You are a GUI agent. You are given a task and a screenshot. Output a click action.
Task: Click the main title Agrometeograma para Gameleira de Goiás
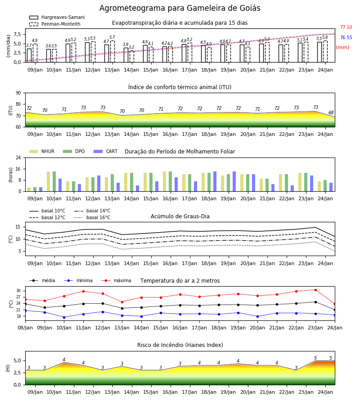tap(180, 8)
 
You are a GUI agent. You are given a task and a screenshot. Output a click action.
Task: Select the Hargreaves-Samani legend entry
tap(57, 17)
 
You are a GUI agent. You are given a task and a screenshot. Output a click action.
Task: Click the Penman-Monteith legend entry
tap(55, 24)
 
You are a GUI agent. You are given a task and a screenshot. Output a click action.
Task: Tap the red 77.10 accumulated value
tap(346, 27)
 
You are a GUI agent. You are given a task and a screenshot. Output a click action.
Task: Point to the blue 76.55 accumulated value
tap(346, 37)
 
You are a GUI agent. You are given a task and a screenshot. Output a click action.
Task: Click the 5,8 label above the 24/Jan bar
tap(325, 37)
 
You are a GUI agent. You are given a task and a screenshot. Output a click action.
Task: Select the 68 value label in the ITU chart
tap(331, 112)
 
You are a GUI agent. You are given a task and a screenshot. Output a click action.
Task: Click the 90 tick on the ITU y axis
tap(18, 93)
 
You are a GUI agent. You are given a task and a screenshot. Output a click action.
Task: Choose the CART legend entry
tap(106, 151)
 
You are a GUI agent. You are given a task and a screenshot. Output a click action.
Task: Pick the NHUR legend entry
tap(42, 151)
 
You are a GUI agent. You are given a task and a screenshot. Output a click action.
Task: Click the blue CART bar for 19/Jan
tap(234, 181)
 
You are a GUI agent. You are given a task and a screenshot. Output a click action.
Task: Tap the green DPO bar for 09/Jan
tap(35, 189)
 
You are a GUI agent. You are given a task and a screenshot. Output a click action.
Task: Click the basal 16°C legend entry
tap(92, 217)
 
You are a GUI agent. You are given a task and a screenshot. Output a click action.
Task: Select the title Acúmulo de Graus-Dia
tap(180, 216)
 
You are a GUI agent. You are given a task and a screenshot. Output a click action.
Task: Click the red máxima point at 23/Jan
tap(315, 290)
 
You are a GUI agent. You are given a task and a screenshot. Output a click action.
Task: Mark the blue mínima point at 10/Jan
tap(64, 317)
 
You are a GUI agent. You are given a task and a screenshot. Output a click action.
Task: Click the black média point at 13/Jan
tap(122, 308)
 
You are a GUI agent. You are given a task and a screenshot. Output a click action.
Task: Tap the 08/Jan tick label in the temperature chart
tap(25, 328)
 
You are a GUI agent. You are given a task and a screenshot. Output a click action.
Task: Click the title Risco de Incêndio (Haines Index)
tap(180, 345)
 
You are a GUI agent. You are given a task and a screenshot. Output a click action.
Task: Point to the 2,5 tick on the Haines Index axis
tap(17, 373)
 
